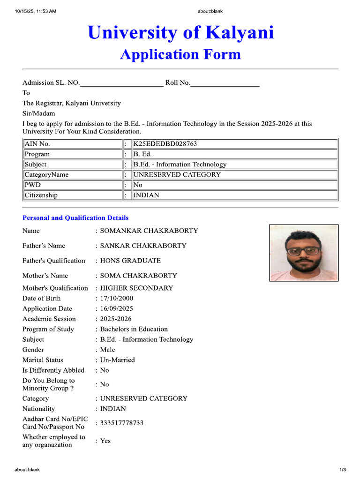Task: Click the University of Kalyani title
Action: pyautogui.click(x=180, y=33)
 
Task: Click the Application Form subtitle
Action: pyautogui.click(x=180, y=54)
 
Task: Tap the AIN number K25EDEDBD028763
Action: pyautogui.click(x=165, y=144)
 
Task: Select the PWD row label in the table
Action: pyautogui.click(x=33, y=185)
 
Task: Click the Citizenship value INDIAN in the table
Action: pyautogui.click(x=146, y=195)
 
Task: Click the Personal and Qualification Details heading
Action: pyautogui.click(x=75, y=218)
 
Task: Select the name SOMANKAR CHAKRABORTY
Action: pyautogui.click(x=149, y=231)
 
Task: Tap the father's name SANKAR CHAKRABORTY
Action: pyautogui.click(x=143, y=246)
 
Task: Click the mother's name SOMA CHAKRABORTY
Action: pyautogui.click(x=138, y=276)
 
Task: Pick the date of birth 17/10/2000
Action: pyautogui.click(x=117, y=298)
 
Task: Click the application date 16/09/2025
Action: pyautogui.click(x=117, y=308)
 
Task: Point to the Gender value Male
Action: pyautogui.click(x=107, y=350)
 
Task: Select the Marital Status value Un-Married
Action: pyautogui.click(x=117, y=360)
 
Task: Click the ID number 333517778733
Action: pyautogui.click(x=122, y=423)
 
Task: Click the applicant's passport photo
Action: pyautogui.click(x=304, y=253)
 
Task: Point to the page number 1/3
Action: pyautogui.click(x=343, y=470)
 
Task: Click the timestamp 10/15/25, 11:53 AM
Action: pyautogui.click(x=36, y=11)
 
